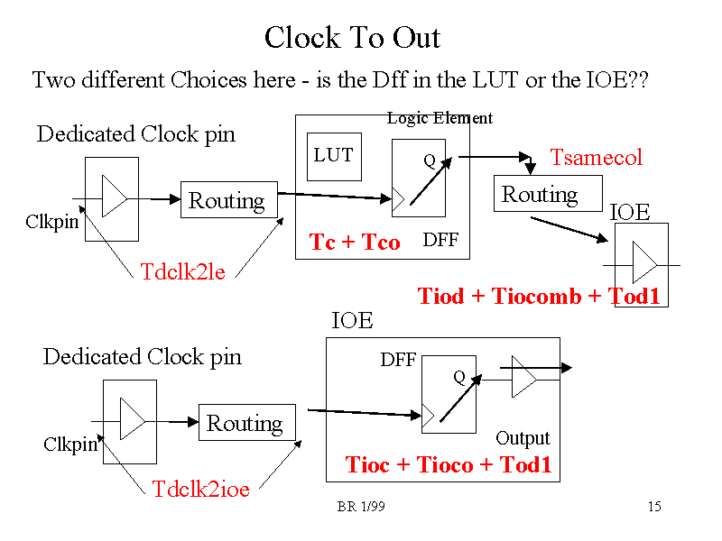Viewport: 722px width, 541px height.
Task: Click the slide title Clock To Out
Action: pos(352,38)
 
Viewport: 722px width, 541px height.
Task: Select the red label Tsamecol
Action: pos(597,158)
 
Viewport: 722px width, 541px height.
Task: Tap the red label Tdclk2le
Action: pos(182,271)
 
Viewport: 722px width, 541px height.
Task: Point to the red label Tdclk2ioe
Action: pos(200,489)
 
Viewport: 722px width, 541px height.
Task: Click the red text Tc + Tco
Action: pos(355,242)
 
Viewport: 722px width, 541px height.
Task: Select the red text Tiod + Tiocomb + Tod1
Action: pos(539,296)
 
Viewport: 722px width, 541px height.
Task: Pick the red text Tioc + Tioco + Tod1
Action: pos(448,464)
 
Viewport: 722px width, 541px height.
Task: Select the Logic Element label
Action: pos(440,118)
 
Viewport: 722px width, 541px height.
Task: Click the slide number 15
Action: pos(654,507)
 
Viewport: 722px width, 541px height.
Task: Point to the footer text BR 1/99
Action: pos(361,507)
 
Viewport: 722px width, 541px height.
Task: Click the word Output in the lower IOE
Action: pos(523,438)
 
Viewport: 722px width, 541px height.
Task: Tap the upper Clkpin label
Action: pos(51,221)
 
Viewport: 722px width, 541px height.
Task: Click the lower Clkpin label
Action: pos(70,444)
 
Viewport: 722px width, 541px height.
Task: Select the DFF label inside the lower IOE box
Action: pos(398,360)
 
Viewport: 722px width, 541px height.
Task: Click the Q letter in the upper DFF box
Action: pos(430,162)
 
